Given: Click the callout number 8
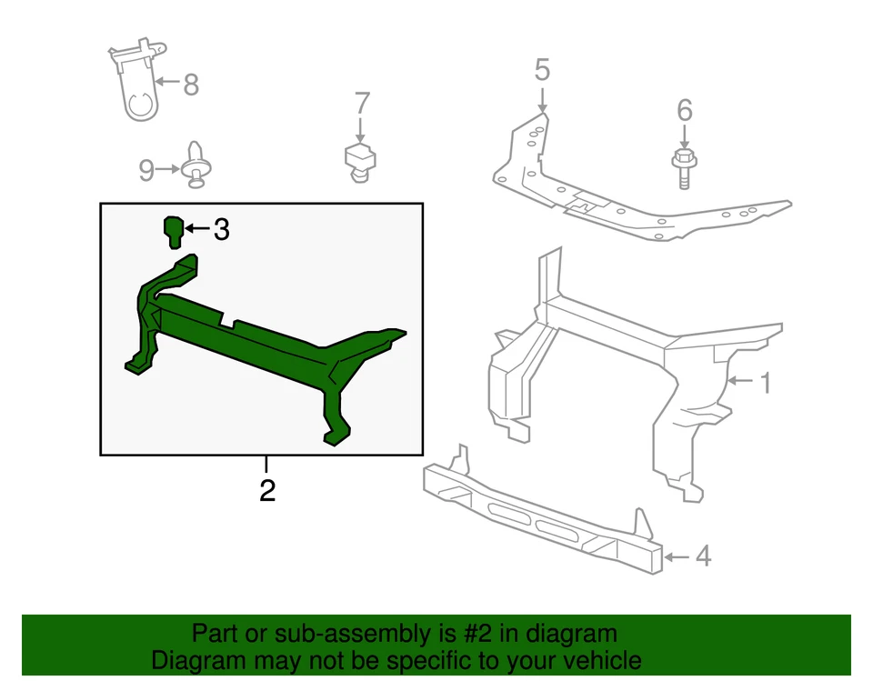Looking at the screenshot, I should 190,85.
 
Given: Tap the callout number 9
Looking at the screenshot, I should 147,169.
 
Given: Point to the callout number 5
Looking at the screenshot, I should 542,69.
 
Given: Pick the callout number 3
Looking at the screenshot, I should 221,230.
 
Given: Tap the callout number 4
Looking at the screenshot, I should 702,556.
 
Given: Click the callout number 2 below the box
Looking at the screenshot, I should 266,491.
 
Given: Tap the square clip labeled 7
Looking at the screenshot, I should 361,160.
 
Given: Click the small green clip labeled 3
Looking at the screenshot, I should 173,231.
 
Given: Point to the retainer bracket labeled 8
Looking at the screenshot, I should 137,84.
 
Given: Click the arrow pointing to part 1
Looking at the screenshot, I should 742,382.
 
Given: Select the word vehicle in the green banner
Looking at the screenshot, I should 597,661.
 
